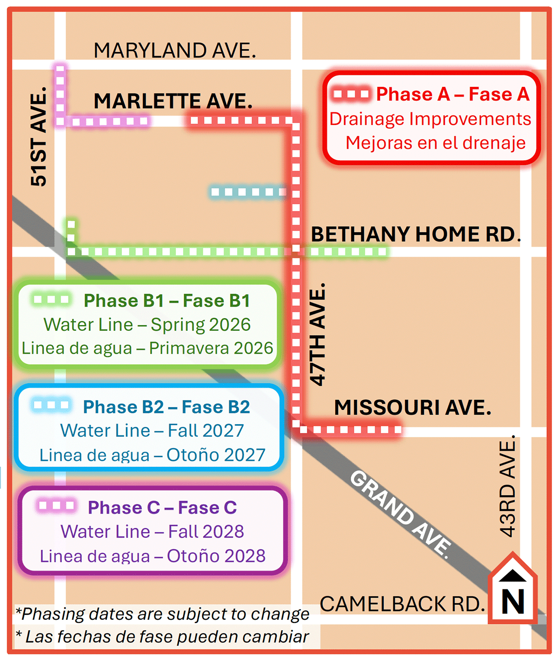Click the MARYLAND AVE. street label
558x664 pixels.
174,50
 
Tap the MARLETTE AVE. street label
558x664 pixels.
173,101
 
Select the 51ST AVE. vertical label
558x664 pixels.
39,136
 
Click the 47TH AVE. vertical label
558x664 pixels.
318,335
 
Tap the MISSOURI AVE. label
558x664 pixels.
412,408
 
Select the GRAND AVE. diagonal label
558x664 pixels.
400,513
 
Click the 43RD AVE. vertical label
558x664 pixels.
507,486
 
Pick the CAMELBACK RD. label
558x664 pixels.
402,604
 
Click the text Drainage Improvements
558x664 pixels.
430,119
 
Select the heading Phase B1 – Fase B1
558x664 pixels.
166,301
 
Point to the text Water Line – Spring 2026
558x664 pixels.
147,324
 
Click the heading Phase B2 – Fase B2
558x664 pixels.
166,407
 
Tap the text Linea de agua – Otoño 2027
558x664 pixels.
152,455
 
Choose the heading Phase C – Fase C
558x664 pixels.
162,507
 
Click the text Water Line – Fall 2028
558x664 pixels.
152,531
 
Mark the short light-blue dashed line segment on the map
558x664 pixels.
248,192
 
